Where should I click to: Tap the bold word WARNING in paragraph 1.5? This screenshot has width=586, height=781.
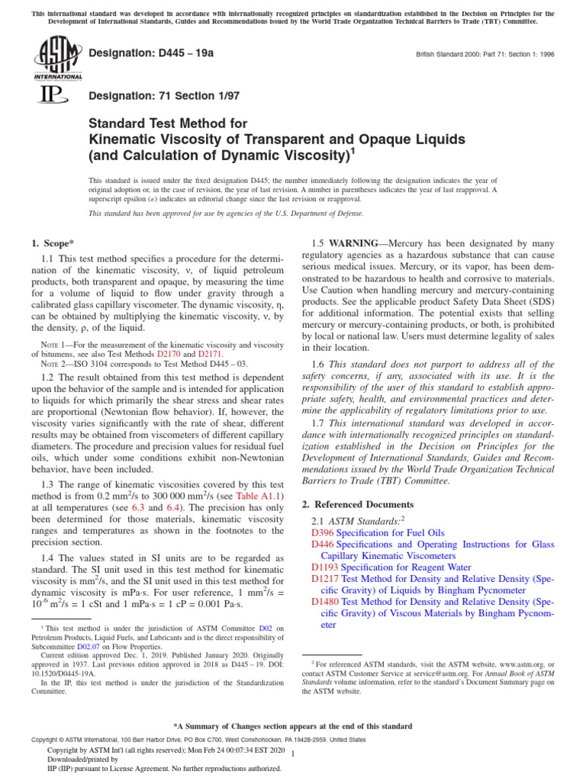(x=356, y=243)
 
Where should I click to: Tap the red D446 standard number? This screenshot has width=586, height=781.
(x=323, y=545)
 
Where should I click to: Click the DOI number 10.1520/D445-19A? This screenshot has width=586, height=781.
(x=59, y=673)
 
